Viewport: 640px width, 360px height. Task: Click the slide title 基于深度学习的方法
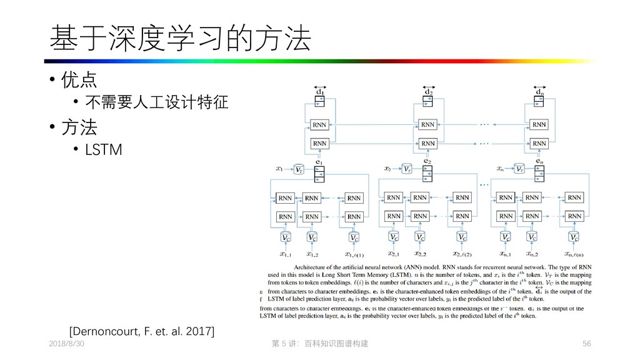(x=180, y=39)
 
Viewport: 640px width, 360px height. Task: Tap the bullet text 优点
(x=78, y=81)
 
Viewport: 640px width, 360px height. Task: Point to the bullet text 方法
(x=78, y=128)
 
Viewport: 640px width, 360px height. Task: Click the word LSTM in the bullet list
(x=104, y=150)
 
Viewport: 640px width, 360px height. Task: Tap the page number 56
(x=586, y=344)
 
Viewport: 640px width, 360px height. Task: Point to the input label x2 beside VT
(x=387, y=169)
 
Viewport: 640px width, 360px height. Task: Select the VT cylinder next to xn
(x=519, y=169)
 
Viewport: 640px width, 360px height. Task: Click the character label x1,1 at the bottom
(x=286, y=254)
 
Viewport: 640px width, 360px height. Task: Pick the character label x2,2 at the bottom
(x=419, y=254)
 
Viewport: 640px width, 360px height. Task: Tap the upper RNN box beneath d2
(x=427, y=124)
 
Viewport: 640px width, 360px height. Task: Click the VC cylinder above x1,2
(x=312, y=237)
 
